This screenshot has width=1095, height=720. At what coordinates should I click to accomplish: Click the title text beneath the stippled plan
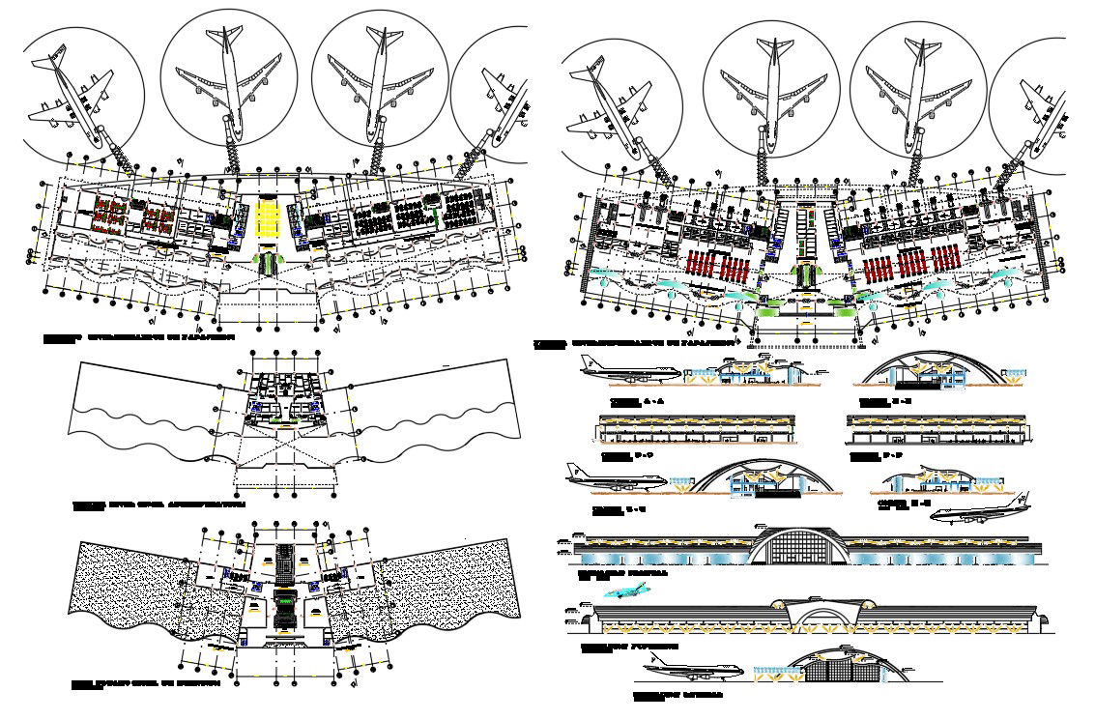click(x=147, y=684)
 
